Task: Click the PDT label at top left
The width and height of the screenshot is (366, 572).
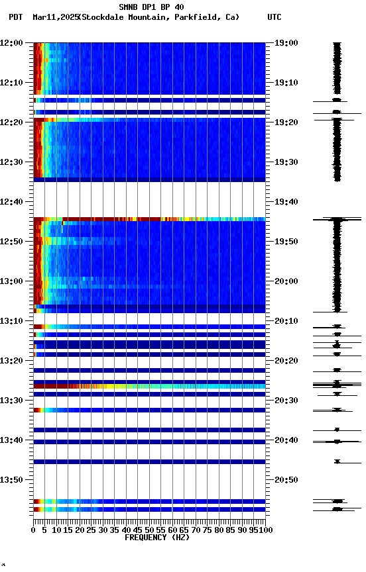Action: pyautogui.click(x=16, y=17)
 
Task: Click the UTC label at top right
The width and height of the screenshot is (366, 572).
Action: pyautogui.click(x=274, y=17)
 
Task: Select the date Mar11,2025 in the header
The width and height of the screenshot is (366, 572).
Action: pyautogui.click(x=54, y=17)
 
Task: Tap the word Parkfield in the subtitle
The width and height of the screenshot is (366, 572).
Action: pyautogui.click(x=197, y=17)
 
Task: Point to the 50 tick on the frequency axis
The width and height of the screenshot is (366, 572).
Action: pyautogui.click(x=150, y=530)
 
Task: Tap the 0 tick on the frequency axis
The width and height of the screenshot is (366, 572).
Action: pyautogui.click(x=34, y=530)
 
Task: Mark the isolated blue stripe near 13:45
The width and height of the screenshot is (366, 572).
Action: pyautogui.click(x=149, y=461)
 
